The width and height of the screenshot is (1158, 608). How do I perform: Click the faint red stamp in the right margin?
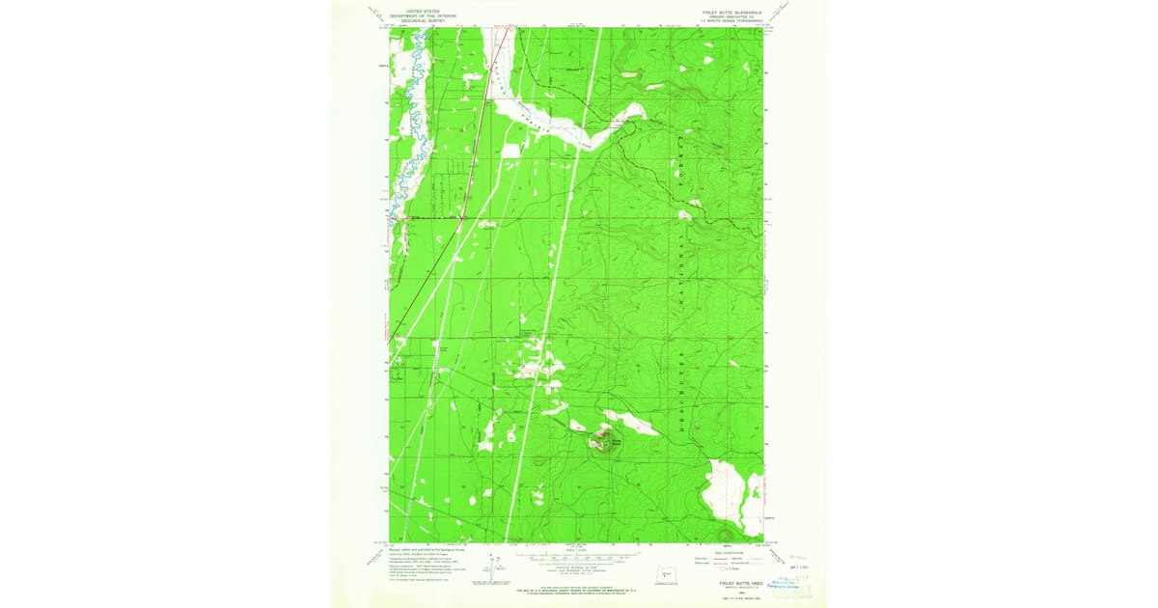(796, 558)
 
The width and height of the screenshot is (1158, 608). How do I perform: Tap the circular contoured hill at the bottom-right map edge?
(726, 534)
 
